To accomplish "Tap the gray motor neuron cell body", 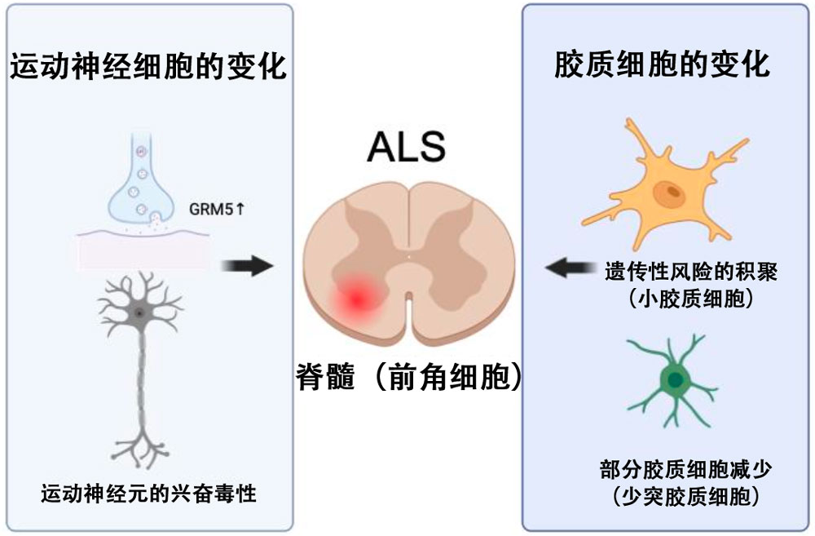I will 140,313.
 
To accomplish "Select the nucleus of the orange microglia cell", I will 672,193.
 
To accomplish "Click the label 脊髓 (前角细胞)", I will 407,379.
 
